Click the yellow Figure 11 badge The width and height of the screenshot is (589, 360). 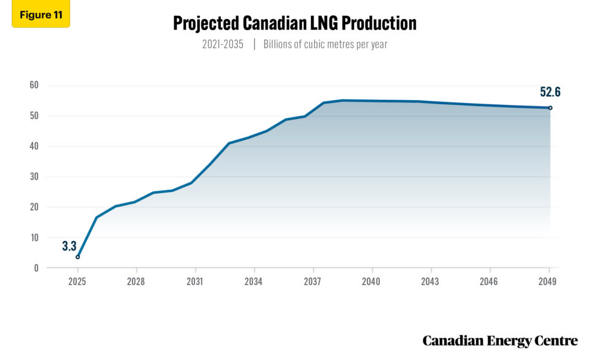tap(40, 15)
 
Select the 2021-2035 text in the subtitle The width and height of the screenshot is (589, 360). tap(221, 44)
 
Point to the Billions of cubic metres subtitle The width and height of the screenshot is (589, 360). tap(325, 44)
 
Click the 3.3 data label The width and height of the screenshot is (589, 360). tap(69, 247)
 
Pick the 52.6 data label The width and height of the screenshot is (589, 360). tap(550, 93)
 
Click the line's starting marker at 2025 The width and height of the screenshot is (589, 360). tap(77, 257)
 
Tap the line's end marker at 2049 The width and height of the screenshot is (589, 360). tap(550, 108)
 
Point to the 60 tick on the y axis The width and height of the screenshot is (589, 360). tap(34, 85)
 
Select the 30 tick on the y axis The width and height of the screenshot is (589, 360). tap(34, 177)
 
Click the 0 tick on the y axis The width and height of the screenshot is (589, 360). tap(36, 268)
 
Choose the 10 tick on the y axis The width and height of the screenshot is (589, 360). tap(34, 237)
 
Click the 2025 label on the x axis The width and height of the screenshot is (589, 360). tap(77, 282)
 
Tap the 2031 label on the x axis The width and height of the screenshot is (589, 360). tap(195, 282)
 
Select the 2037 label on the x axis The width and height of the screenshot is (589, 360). tap(313, 282)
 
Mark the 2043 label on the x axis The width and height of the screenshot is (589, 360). tap(431, 282)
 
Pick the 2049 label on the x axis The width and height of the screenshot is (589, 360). tap(547, 282)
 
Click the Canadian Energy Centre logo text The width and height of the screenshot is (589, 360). tap(500, 340)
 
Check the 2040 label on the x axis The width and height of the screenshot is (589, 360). tap(372, 282)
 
